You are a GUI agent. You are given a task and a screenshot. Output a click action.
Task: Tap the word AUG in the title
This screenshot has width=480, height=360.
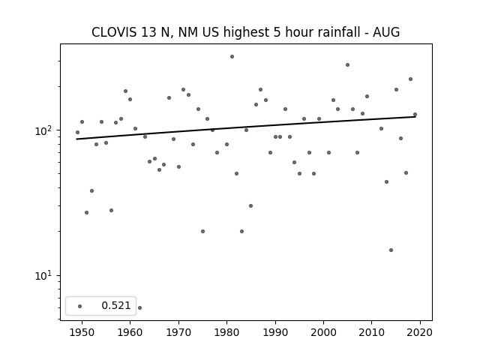tap(386, 32)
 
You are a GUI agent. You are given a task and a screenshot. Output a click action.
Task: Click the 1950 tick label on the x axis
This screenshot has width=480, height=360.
tap(82, 332)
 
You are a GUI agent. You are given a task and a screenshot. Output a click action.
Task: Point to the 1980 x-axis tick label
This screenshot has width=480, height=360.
tap(226, 332)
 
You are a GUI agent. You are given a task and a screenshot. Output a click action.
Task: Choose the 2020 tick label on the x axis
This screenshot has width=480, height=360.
tap(420, 332)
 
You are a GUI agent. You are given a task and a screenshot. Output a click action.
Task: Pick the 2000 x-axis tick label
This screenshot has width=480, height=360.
tap(323, 332)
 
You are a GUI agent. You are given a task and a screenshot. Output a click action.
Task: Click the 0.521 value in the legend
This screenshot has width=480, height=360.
tap(116, 305)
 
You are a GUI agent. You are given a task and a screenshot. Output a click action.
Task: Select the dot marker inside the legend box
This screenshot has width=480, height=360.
tap(80, 306)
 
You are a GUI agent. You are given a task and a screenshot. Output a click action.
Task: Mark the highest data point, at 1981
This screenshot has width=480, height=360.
tap(232, 57)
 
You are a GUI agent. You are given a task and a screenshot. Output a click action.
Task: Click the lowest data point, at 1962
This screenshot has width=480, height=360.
tap(140, 307)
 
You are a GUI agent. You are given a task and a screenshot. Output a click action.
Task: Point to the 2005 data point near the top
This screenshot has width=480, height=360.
tap(347, 65)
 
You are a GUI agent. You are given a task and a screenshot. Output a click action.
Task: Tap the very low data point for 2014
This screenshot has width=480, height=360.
tap(391, 250)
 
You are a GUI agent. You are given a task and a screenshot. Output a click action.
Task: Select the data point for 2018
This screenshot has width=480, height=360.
tap(410, 79)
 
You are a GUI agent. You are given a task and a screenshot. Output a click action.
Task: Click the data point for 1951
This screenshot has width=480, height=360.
tap(87, 212)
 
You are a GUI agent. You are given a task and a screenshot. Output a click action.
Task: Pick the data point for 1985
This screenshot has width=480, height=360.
tap(250, 206)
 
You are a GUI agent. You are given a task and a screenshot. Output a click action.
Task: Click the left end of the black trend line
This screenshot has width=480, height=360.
tap(76, 139)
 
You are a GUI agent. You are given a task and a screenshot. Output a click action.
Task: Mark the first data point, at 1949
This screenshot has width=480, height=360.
tap(77, 132)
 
